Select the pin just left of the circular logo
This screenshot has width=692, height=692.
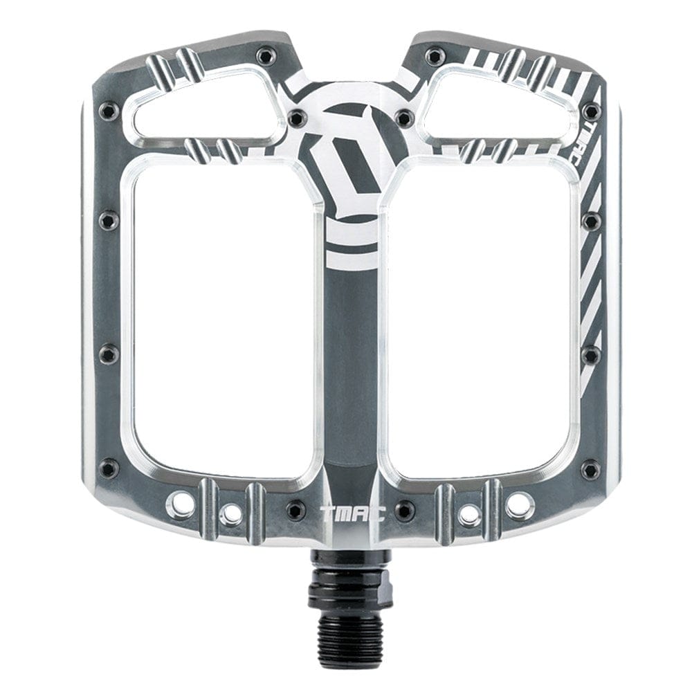pos(296,117)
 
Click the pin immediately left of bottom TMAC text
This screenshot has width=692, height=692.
pos(296,511)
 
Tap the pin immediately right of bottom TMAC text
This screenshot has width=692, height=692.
pos(405,511)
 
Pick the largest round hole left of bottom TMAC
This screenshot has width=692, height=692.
pos(182,502)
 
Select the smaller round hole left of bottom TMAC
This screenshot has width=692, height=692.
pos(232,513)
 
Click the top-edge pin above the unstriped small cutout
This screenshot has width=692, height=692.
pos(264,55)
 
